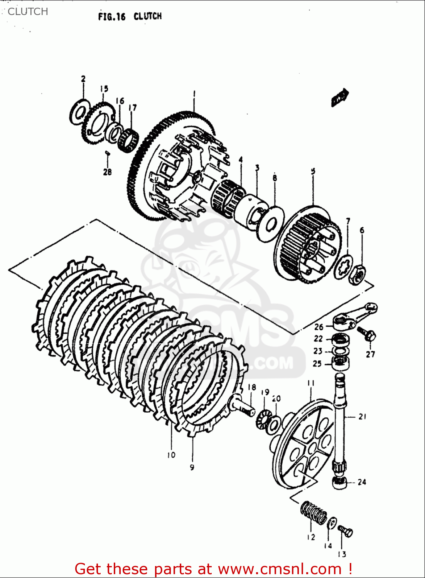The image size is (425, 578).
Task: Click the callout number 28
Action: (107, 172)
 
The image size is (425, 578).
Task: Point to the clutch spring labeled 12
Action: (313, 513)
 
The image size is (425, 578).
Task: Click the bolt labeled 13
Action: (346, 531)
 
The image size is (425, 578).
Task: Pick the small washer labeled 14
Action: (332, 523)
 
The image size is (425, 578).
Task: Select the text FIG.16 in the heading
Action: (112, 17)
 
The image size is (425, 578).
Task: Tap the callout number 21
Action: (362, 417)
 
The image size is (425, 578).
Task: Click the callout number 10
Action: (171, 455)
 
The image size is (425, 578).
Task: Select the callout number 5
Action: (313, 171)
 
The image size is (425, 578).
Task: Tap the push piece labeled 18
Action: (242, 405)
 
